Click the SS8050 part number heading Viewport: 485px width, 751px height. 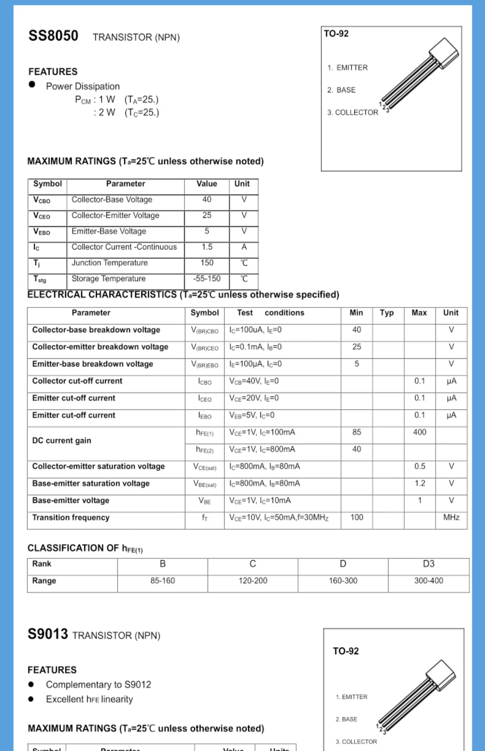(53, 36)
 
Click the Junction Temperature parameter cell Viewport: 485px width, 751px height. (110, 263)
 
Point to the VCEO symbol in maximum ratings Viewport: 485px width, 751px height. (42, 216)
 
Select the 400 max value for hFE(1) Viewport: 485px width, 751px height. (419, 432)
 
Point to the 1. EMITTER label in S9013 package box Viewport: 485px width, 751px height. (351, 696)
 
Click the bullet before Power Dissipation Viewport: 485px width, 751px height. (32, 84)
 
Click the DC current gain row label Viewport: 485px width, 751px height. (62, 440)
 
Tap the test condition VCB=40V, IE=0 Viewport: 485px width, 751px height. (254, 381)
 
